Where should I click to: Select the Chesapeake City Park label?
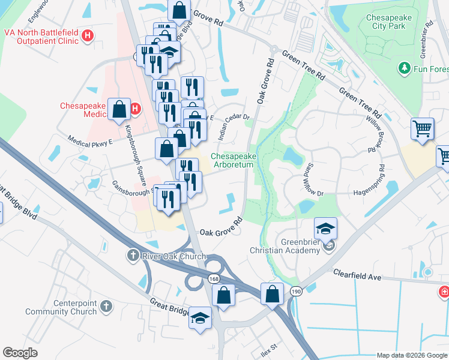(x=389, y=22)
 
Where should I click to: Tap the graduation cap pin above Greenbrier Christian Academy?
(x=325, y=229)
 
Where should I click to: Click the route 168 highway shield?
(x=214, y=279)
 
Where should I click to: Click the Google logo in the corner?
(x=20, y=353)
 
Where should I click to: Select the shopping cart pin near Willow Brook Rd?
(x=423, y=128)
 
